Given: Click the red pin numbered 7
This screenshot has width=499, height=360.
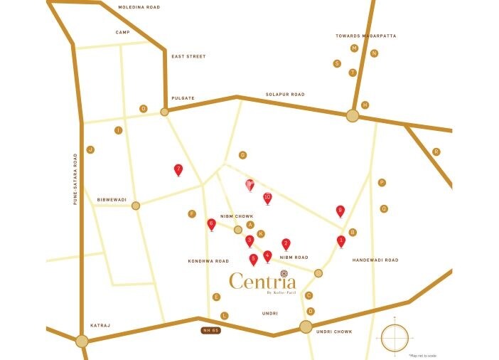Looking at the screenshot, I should point(178,169).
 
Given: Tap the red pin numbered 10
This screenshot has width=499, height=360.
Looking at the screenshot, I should point(267,198).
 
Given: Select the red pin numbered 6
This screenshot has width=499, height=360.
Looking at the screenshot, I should point(211,224).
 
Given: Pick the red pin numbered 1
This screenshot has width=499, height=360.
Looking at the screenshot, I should point(341,240).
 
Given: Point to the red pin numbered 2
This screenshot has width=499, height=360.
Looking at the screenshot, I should point(286,243).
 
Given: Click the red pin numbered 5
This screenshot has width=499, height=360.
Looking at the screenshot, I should point(253,259).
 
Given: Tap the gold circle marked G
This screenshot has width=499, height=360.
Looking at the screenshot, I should point(242,154).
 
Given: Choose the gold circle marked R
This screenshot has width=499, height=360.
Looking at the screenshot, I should point(436,152).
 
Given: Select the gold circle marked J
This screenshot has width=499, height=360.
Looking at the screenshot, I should point(90,149).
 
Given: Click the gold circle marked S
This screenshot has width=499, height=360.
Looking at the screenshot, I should point(337,63).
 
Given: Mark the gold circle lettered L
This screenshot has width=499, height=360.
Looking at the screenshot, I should point(224,315).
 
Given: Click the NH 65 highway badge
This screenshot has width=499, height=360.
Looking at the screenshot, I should point(211,331).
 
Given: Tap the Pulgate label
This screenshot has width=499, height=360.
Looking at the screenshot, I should point(183,98).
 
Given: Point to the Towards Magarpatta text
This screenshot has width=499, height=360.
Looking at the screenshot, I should point(366,36).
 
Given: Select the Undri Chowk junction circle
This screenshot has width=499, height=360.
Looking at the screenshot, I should point(306,327).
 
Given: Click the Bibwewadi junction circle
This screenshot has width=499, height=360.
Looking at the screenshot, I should point(136,206).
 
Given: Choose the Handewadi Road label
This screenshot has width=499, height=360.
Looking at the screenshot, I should point(375,260).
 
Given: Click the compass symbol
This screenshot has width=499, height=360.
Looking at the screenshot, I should point(395,337).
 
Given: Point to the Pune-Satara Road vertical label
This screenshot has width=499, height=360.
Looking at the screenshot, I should point(75,179).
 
